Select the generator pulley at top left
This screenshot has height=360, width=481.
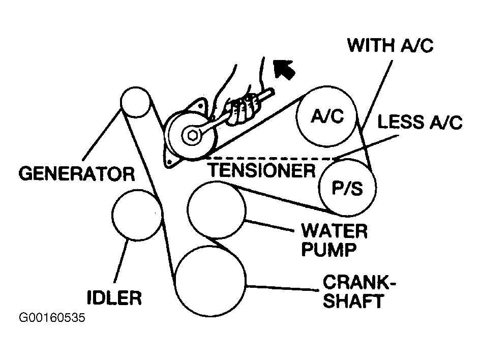136,101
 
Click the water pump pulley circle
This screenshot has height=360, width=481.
217,209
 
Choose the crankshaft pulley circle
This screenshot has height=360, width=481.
211,279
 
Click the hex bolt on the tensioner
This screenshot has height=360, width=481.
192,135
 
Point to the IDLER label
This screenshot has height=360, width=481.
113,297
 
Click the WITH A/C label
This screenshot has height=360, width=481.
390,46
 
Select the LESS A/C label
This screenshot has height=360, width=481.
419,123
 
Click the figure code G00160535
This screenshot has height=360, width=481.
51,319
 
